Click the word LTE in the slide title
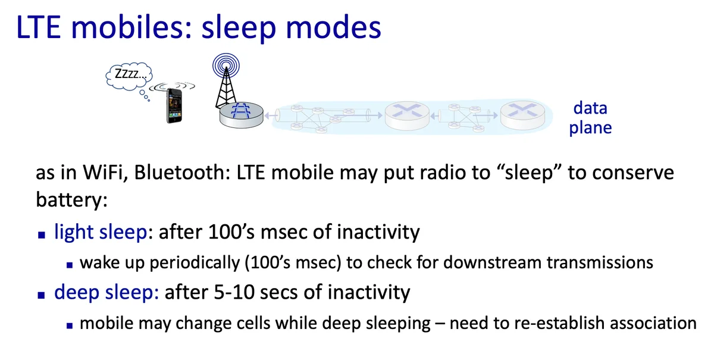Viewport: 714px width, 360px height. [x=38, y=27]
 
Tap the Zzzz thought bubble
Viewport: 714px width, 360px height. [x=129, y=76]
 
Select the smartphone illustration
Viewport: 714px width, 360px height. [x=174, y=105]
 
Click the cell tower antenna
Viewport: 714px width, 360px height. [x=226, y=80]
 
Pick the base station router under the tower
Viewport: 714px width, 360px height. [x=242, y=115]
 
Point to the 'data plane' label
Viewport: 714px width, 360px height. [x=590, y=118]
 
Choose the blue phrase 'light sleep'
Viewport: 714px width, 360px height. [x=101, y=232]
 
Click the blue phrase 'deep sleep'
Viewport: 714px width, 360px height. [x=107, y=292]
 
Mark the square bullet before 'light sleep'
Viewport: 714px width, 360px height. [x=42, y=235]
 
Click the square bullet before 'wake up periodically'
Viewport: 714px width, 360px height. [x=70, y=265]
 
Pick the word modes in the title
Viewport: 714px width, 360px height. [x=333, y=28]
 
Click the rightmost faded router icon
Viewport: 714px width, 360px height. [x=522, y=115]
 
